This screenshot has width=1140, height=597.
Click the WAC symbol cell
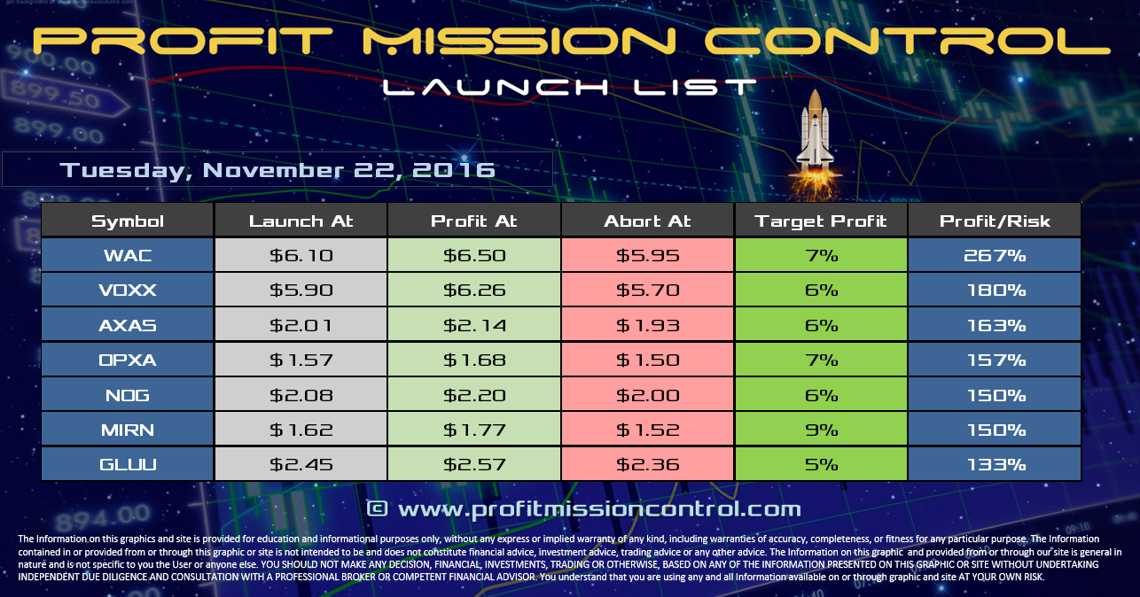pos(128,256)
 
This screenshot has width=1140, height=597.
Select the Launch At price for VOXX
pos(301,291)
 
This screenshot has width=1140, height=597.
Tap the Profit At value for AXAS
pos(474,325)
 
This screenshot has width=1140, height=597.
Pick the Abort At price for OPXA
pos(648,360)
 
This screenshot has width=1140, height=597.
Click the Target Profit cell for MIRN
pos(821,430)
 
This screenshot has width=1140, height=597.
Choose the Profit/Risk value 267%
pos(995,256)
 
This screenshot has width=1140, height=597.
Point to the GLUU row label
pos(128,464)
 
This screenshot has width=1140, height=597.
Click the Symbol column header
pos(128,221)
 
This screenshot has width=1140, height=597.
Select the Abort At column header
pos(648,221)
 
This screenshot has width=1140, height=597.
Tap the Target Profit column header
pos(821,221)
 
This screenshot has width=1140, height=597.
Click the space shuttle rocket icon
pos(813,133)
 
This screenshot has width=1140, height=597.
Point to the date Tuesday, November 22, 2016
pos(277,169)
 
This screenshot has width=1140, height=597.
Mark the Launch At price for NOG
pos(301,394)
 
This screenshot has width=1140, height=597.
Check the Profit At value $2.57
pos(474,464)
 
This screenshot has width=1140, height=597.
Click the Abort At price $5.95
pos(648,256)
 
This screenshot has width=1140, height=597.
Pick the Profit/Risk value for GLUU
pos(995,464)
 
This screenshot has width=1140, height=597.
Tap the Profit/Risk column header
pos(995,221)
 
